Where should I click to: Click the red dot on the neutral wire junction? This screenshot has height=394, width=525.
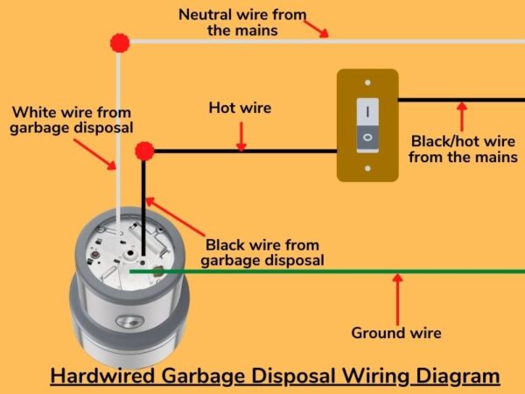(120, 42)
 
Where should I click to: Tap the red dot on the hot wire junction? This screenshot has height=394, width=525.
(145, 151)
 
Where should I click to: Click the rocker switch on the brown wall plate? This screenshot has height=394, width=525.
(367, 124)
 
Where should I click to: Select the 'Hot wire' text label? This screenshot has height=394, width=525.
(240, 109)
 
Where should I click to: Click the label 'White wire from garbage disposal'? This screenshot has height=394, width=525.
(71, 120)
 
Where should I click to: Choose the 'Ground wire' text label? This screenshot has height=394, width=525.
(396, 333)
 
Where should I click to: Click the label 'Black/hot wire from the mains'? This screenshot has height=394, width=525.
(461, 149)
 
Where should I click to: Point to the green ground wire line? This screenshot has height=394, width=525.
(350, 271)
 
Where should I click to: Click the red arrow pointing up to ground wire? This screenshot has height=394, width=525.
(398, 299)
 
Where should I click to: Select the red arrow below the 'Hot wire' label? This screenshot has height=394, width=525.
(241, 136)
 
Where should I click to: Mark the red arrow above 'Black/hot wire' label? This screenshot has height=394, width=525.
(462, 116)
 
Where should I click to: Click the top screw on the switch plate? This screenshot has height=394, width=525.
(367, 85)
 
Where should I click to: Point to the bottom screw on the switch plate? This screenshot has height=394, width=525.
(367, 166)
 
